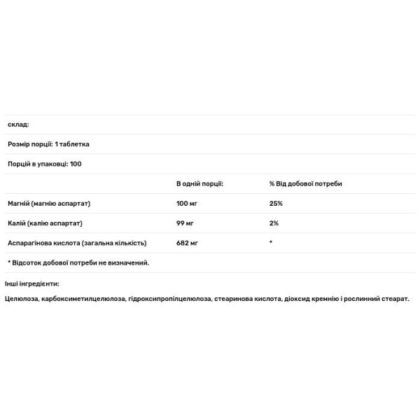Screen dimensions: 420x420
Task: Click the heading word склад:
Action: (17, 125)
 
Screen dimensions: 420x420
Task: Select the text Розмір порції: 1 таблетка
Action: (48, 144)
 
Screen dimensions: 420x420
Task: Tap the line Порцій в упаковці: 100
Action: (45, 164)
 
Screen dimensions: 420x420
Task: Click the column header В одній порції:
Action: (199, 183)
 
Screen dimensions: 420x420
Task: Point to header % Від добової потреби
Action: (301, 183)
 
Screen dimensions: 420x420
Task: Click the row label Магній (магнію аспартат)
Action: (49, 203)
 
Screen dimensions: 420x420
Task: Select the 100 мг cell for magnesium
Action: (188, 203)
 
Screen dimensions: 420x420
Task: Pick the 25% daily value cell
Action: (276, 203)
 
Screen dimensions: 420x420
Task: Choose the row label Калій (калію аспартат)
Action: (45, 223)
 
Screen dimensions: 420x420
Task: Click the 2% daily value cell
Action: (274, 223)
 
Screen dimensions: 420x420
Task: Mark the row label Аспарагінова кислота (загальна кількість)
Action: (77, 242)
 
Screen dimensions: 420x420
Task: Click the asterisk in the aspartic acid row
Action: (271, 241)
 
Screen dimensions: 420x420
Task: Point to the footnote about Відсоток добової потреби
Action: (78, 262)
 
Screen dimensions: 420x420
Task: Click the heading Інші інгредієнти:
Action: (31, 283)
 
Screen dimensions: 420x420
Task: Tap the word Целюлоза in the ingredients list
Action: (21, 299)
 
